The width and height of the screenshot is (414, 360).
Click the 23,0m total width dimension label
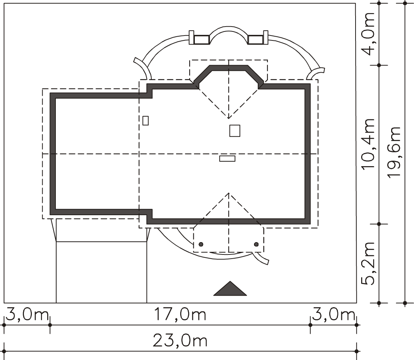180,341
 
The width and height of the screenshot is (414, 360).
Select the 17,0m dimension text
180,315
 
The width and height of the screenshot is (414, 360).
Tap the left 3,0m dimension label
27,315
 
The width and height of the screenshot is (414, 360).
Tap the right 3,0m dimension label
333,315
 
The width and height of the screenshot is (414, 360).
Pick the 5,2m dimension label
368,263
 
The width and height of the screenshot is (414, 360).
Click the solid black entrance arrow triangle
230,289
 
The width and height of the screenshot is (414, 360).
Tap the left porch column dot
201,244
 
